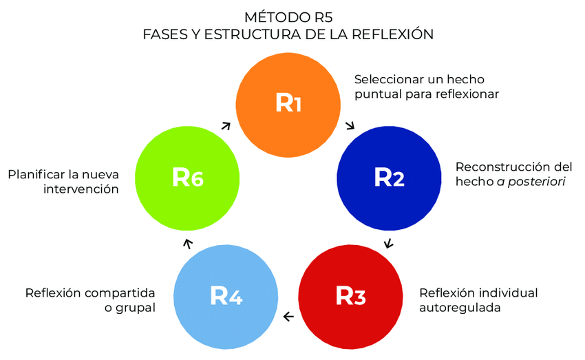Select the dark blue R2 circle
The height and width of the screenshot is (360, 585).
point(389,177)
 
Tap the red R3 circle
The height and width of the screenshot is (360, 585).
point(350,295)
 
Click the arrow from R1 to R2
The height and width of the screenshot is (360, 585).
point(350,126)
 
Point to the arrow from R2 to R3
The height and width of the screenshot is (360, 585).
point(388,243)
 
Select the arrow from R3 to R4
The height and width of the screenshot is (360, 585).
point(288,317)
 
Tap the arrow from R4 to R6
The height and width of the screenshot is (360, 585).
point(187,242)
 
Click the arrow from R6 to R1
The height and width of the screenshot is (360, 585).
point(226,125)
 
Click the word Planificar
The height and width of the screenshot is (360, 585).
point(38,174)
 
